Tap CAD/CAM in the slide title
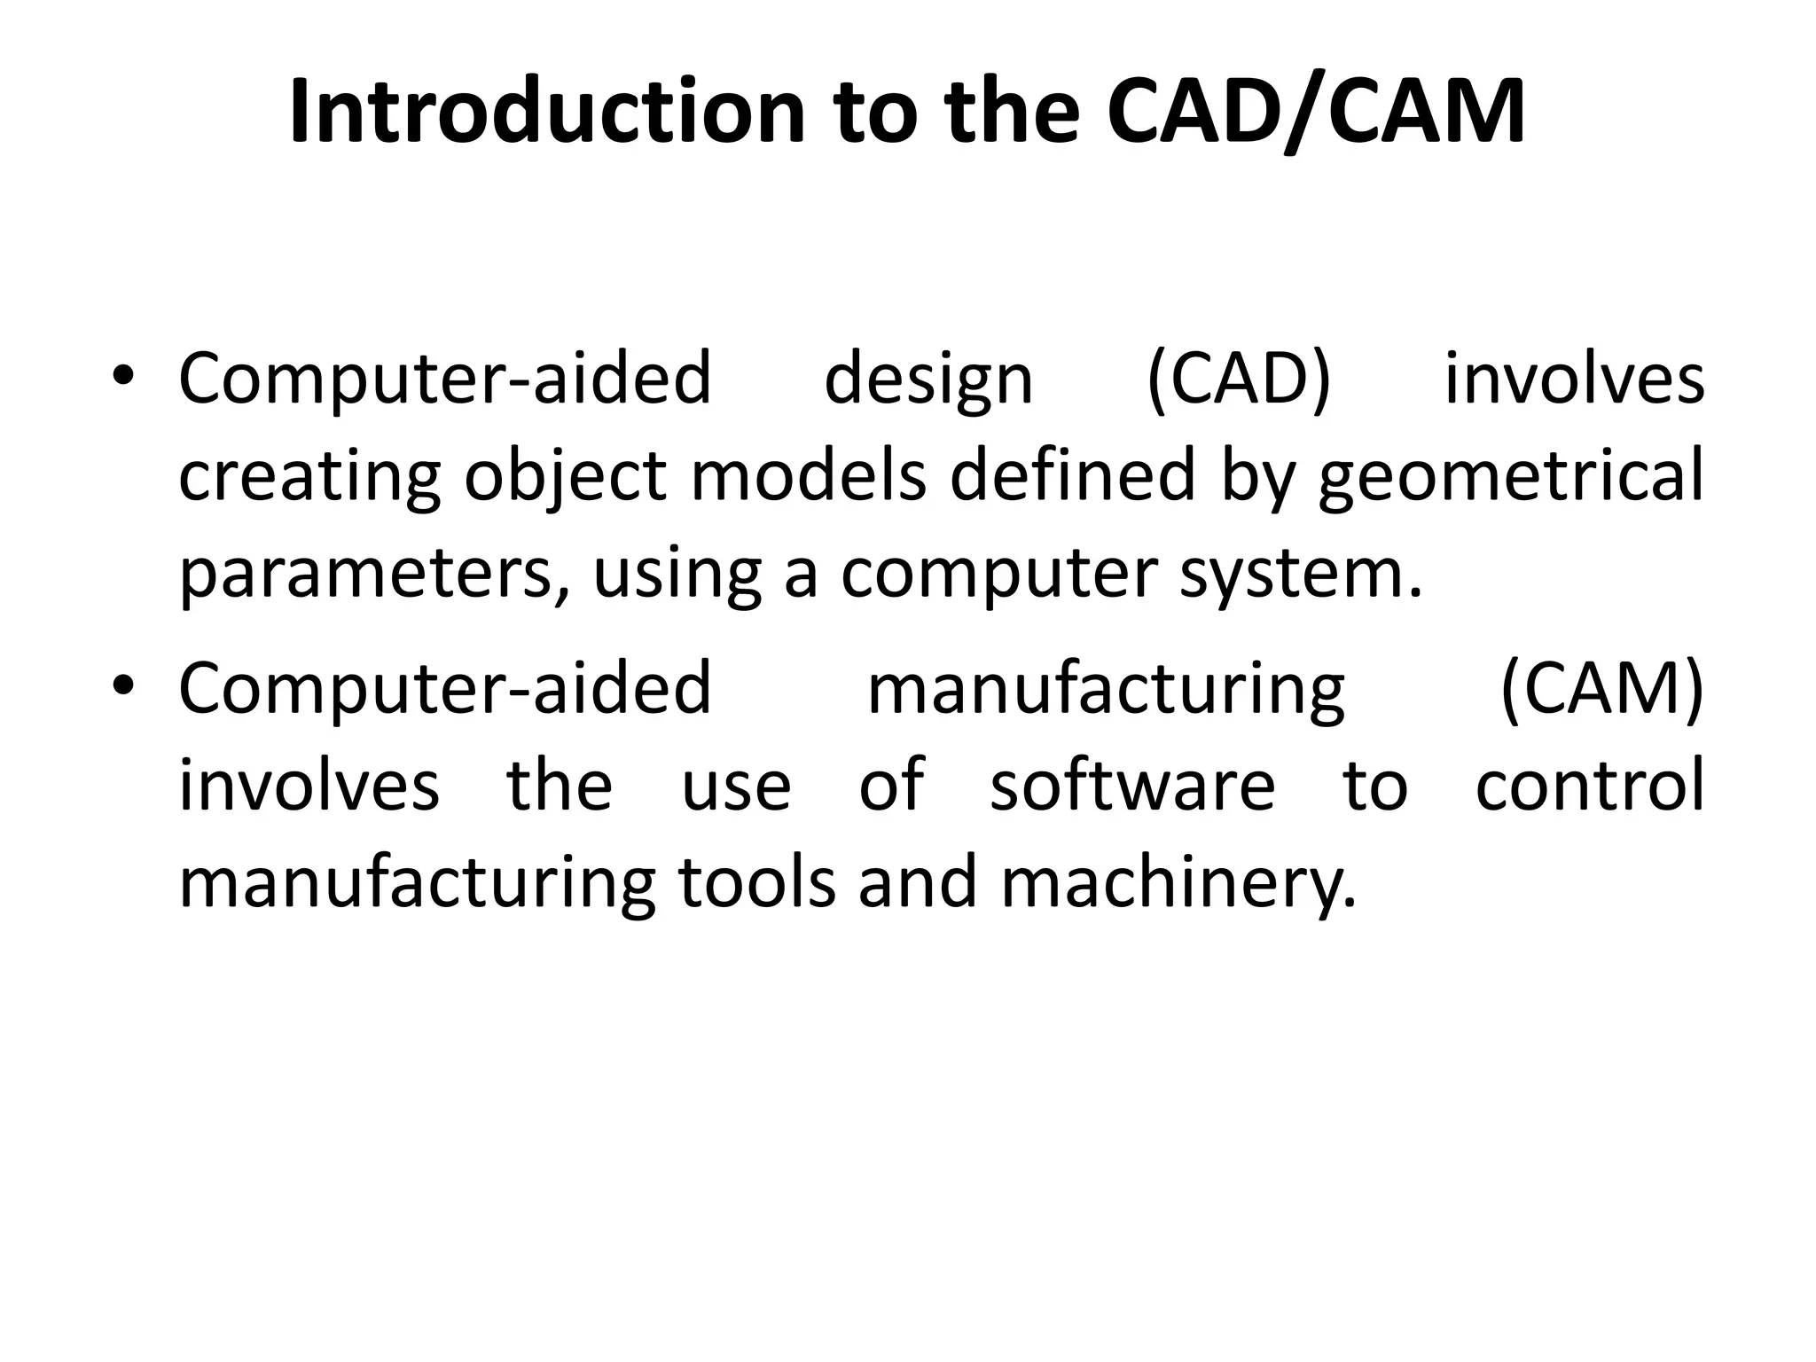click(x=1316, y=112)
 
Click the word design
click(x=928, y=380)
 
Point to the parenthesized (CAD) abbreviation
click(x=1239, y=380)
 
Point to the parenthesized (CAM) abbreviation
click(x=1601, y=690)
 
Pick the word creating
click(x=309, y=476)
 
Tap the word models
click(x=808, y=476)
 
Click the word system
click(x=1300, y=575)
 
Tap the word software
click(x=1132, y=787)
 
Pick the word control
click(x=1590, y=787)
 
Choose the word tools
click(x=756, y=883)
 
